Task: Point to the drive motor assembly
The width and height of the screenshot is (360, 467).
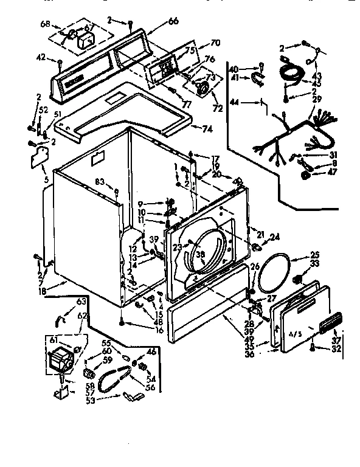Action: pos(61,362)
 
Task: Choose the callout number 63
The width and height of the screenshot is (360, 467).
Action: pos(80,302)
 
